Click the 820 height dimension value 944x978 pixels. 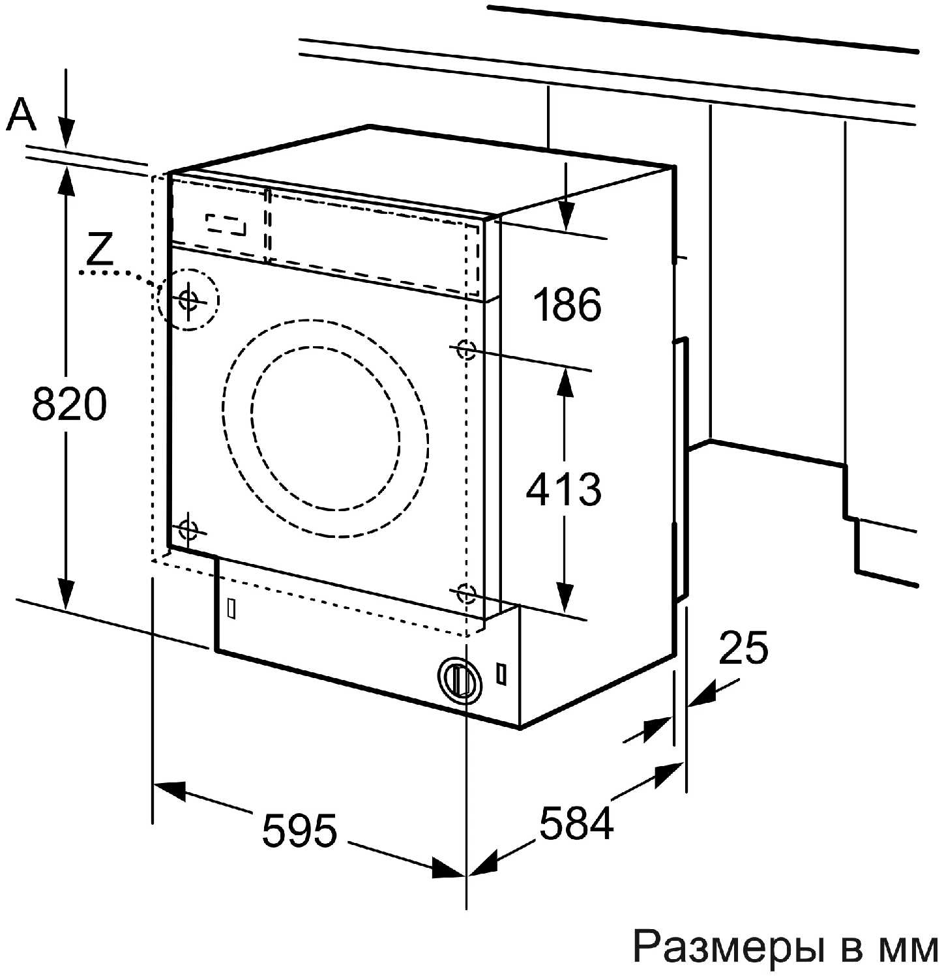(69, 404)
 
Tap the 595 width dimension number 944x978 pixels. (300, 831)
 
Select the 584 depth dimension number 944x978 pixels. (576, 823)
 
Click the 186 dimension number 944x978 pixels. (567, 304)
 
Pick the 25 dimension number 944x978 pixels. (743, 647)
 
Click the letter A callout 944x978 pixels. (21, 115)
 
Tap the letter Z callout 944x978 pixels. (100, 248)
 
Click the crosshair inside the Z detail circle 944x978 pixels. (188, 300)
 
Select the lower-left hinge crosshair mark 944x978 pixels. (188, 530)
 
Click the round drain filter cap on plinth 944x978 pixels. (460, 679)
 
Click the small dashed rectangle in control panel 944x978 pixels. (226, 224)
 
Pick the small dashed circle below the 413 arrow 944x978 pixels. (465, 594)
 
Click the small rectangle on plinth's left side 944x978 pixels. (231, 607)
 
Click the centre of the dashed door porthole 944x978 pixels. (325, 428)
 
